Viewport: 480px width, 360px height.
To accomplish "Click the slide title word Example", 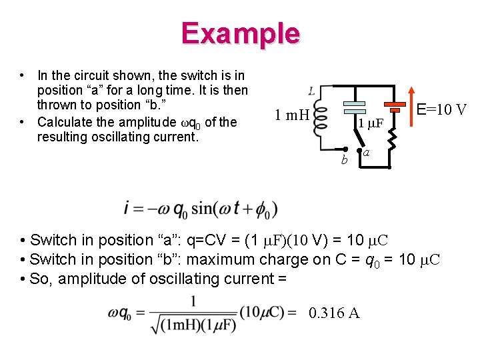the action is (x=240, y=33).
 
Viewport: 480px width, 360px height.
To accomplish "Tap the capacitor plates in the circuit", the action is (x=355, y=107).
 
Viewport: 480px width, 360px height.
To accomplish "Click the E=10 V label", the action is (x=441, y=109).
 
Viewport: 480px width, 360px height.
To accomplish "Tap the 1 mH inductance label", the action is (x=292, y=115).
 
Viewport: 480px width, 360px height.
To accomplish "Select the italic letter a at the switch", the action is (x=367, y=153).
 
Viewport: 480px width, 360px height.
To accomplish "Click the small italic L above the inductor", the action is (x=312, y=90).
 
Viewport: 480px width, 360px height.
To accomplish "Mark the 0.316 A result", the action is (x=334, y=313).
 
